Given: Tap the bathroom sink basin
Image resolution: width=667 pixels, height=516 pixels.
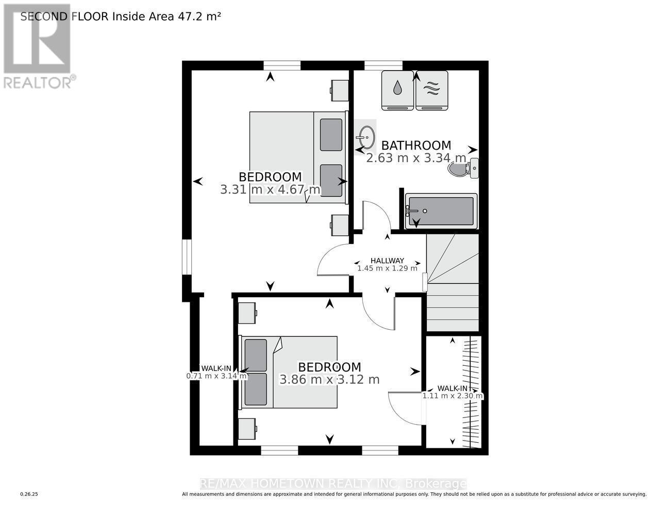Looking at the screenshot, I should [365, 137].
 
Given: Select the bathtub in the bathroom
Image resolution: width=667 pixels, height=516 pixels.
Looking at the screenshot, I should [441, 211].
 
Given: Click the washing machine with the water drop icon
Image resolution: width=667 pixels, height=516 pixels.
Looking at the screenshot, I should [397, 90].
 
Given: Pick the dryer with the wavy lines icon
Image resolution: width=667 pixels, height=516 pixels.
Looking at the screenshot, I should [431, 90].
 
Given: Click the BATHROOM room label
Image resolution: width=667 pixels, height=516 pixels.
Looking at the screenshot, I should [416, 146].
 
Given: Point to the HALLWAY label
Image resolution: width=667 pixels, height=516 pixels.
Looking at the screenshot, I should [387, 261].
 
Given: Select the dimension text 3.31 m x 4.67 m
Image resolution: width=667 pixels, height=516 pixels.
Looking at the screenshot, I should [270, 189].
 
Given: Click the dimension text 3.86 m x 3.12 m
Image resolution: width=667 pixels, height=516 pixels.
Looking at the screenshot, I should [329, 379].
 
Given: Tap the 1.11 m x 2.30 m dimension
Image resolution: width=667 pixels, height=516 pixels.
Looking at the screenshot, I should [453, 396].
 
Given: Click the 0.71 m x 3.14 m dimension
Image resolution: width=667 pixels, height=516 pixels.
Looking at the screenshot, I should [216, 376].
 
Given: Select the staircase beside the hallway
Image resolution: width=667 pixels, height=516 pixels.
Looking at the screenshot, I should [452, 282].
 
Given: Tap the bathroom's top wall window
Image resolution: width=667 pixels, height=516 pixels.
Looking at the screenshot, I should [383, 65].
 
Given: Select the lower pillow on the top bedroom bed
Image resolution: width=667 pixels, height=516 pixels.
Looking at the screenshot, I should [330, 180].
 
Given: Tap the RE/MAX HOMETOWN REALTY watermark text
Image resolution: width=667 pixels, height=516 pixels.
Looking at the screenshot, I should [333, 483].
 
